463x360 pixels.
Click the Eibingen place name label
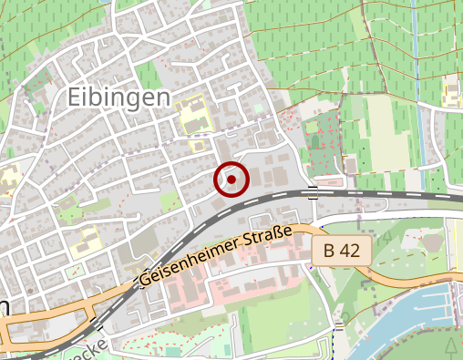click(118, 97)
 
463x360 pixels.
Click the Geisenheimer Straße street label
click(216, 258)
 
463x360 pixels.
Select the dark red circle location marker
click(231, 179)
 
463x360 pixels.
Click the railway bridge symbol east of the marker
click(313, 191)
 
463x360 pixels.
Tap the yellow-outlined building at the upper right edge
click(452, 91)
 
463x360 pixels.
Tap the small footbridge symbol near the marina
click(339, 324)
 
